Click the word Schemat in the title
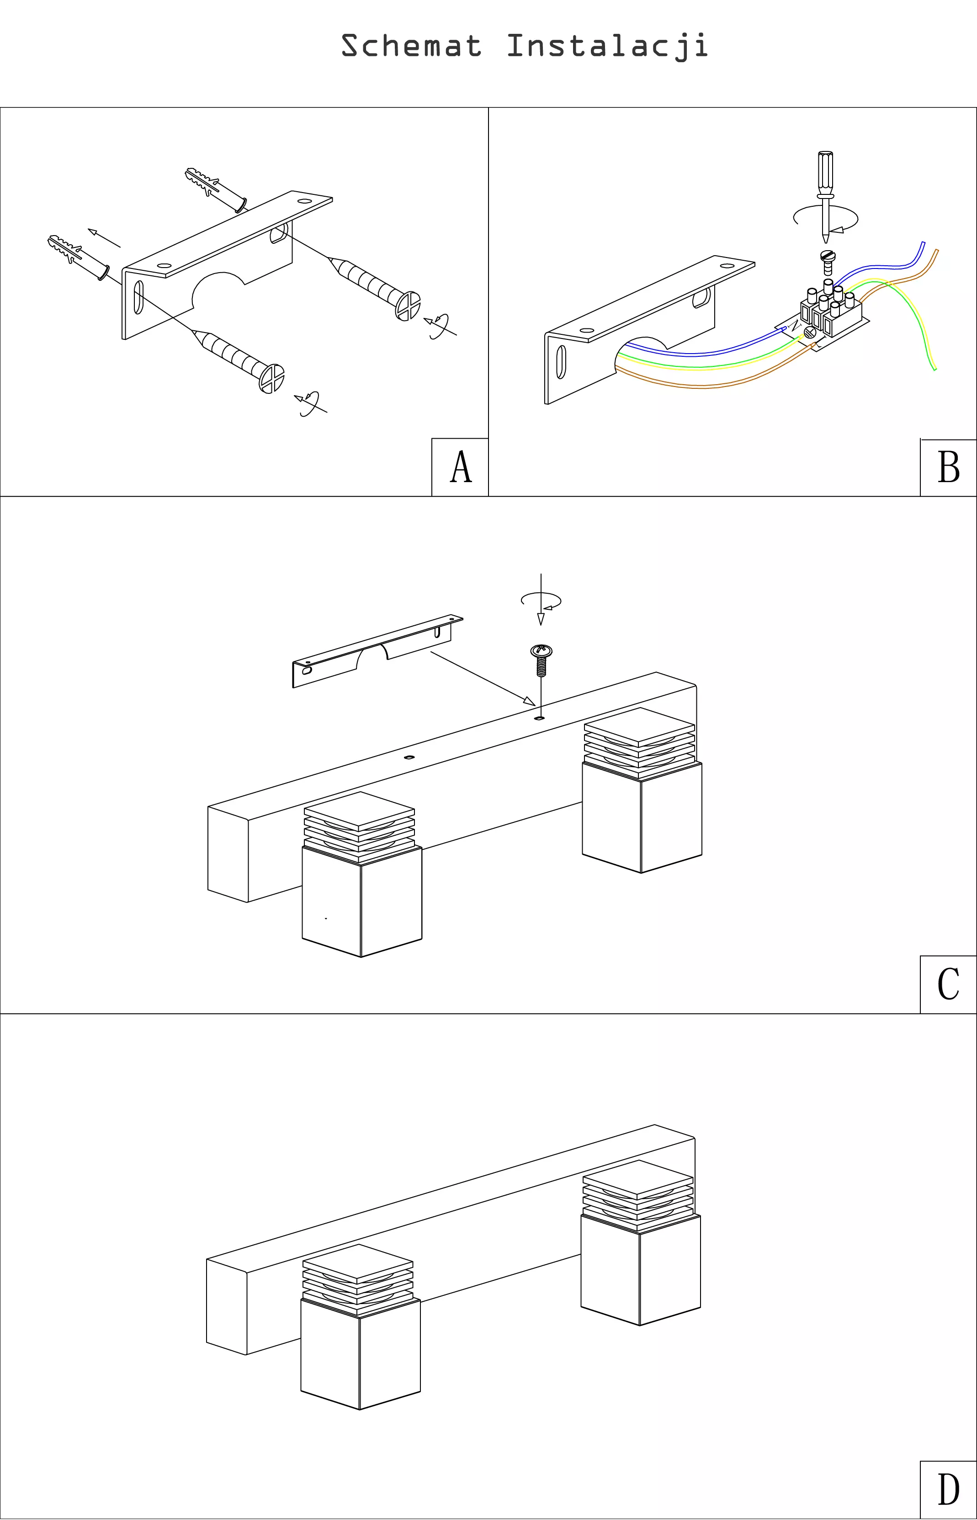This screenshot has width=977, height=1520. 411,46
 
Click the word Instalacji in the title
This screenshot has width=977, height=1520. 607,46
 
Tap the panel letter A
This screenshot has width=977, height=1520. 461,467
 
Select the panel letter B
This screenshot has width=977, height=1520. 949,468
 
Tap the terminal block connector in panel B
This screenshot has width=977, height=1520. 831,312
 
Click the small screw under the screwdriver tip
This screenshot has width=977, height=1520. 827,260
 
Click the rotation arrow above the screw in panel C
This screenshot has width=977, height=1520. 541,601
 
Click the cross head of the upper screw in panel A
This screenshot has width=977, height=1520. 407,306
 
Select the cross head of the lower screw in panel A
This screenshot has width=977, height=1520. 271,379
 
